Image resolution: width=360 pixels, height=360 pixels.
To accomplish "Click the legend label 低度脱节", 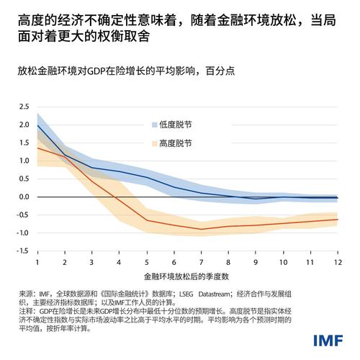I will coord(177,125).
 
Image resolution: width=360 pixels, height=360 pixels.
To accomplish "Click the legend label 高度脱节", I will coord(177,143).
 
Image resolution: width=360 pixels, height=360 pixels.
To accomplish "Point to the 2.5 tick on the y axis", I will coord(24,107).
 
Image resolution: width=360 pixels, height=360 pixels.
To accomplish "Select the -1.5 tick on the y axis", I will coord(23,251).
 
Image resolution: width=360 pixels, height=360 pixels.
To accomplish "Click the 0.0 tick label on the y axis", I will coord(24,197).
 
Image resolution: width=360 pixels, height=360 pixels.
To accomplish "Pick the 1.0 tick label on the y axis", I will coord(24,161).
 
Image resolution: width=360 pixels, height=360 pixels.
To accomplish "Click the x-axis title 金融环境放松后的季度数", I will coord(186,276).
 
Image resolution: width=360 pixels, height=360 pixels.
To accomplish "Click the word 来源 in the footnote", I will coord(27,294).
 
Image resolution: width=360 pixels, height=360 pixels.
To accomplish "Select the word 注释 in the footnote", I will coord(27,312).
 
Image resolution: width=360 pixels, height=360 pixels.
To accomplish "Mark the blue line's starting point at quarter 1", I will coord(37,125).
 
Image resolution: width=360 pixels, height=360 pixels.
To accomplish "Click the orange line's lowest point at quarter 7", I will coord(201,229).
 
